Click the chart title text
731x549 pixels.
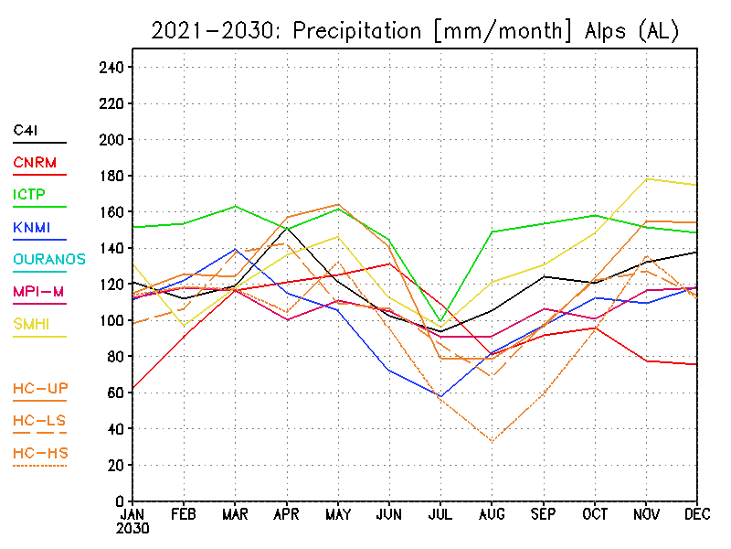[x=415, y=31]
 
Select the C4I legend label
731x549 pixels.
[x=26, y=130]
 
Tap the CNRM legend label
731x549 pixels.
[x=35, y=163]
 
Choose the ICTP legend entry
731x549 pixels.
[x=29, y=194]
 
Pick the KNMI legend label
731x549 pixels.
[x=32, y=227]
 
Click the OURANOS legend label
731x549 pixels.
[x=49, y=259]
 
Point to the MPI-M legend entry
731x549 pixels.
[x=38, y=292]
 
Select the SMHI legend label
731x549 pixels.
[x=31, y=324]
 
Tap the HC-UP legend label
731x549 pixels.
[x=40, y=388]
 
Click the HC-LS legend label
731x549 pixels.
[x=39, y=421]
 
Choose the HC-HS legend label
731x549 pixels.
[x=40, y=453]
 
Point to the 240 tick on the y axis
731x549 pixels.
[x=111, y=68]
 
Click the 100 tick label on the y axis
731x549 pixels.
[x=111, y=321]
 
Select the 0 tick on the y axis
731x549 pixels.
[x=120, y=501]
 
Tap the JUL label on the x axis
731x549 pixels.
[x=440, y=514]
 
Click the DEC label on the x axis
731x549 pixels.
[x=697, y=514]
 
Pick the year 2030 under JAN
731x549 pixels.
[x=132, y=529]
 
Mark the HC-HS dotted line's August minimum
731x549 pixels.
[x=492, y=442]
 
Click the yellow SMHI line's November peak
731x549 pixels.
[x=646, y=178]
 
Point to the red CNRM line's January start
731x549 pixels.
[x=132, y=388]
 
